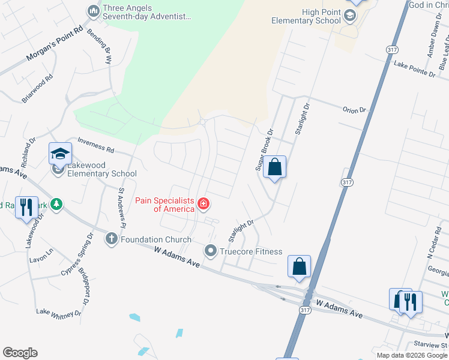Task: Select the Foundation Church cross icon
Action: point(111,239)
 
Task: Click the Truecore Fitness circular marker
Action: point(210,251)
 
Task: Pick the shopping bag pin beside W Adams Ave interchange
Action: point(299,267)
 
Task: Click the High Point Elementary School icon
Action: point(350,16)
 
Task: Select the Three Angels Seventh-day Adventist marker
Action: point(93,11)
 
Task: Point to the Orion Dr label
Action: point(354,110)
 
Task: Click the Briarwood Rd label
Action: point(38,89)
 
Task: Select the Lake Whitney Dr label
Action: point(58,312)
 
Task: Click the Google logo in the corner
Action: point(20,353)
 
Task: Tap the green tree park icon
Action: point(56,205)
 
